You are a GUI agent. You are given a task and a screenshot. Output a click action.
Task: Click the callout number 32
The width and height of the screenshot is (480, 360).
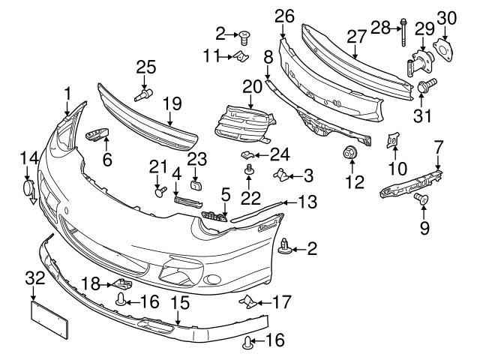tap(35, 278)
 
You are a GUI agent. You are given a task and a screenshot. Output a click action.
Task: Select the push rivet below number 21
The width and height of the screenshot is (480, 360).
tap(159, 192)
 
